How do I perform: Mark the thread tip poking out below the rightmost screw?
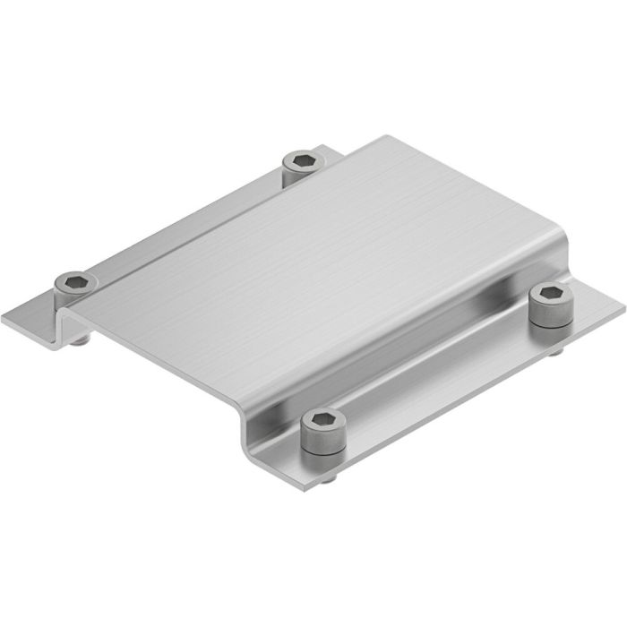(x=557, y=352)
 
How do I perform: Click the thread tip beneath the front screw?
(x=331, y=480)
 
